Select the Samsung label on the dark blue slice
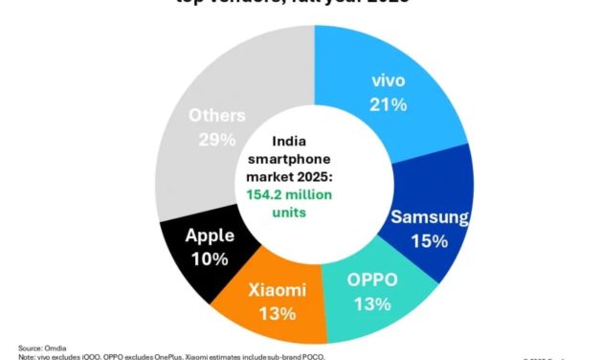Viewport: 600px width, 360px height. pyautogui.click(x=431, y=217)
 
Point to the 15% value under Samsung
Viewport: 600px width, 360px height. pyautogui.click(x=431, y=241)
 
